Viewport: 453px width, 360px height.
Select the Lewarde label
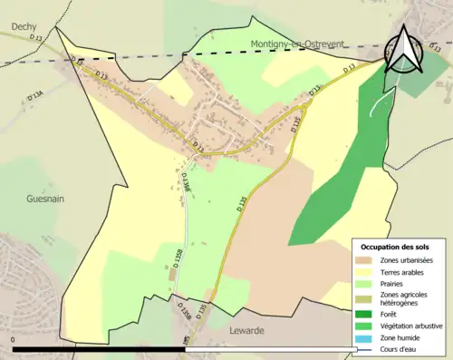[246, 331]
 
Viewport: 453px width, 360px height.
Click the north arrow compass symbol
[400, 49]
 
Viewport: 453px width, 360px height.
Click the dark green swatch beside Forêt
[366, 314]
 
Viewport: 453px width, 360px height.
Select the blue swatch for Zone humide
[366, 337]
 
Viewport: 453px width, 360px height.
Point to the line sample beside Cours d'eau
[366, 349]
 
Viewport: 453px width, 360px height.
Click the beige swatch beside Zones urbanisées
[366, 260]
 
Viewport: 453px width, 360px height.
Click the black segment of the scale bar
[100, 349]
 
